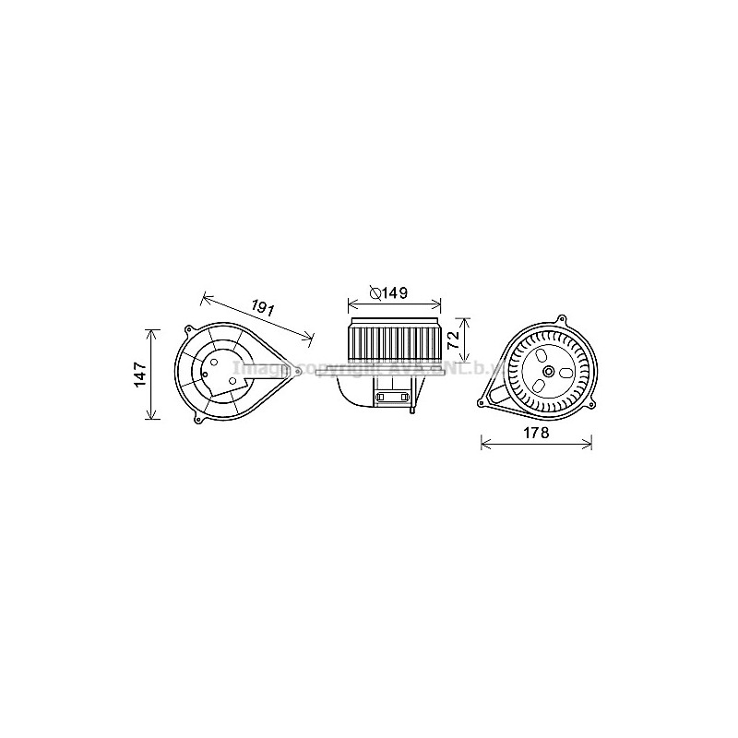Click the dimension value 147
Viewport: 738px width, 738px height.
coord(138,374)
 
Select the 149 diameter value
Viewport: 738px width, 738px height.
coord(396,293)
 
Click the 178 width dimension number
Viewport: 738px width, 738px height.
coord(536,433)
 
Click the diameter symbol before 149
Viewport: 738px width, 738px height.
coord(375,293)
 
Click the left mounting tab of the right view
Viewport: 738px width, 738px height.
coord(482,403)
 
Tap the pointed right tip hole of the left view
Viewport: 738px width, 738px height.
coord(299,371)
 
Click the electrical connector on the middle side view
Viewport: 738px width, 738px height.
coord(393,398)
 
